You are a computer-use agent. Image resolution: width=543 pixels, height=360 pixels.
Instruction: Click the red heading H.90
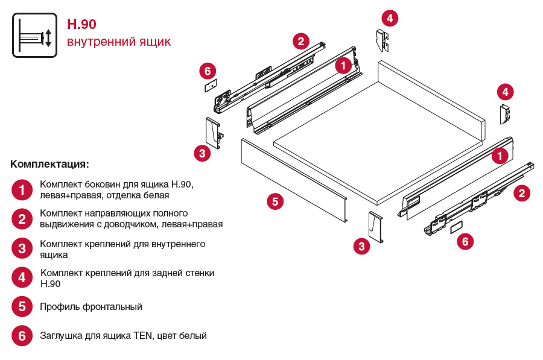click(81, 24)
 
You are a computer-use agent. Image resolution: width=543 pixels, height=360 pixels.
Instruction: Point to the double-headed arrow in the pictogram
click(49, 36)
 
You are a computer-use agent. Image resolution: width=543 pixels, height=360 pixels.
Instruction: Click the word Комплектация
click(49, 164)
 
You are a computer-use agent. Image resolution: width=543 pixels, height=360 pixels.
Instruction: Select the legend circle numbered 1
click(22, 190)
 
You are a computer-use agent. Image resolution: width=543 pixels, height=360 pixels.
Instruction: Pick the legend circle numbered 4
click(22, 277)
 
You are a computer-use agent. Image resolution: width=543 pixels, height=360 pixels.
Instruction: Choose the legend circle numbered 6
click(22, 335)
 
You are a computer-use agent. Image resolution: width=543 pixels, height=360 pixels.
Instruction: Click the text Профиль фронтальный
click(91, 306)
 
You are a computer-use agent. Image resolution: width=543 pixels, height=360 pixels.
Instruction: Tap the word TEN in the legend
click(143, 335)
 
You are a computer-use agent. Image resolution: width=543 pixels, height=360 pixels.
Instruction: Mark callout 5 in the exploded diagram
click(275, 201)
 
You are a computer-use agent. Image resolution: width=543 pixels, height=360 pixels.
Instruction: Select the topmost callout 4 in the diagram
click(390, 18)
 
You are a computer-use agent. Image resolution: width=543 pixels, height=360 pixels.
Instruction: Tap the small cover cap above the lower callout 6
click(457, 227)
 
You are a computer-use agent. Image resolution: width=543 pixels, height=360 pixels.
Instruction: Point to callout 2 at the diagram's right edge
click(522, 193)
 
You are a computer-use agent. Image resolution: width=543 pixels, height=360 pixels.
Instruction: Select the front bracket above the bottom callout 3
click(375, 227)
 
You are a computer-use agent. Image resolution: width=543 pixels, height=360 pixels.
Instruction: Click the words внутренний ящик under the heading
click(119, 42)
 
